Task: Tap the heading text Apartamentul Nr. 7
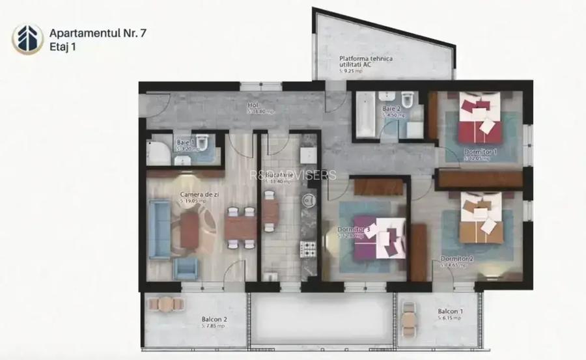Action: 98,32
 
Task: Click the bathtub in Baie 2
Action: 365,113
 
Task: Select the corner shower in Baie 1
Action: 156,152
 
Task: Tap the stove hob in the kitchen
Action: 308,248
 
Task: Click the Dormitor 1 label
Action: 481,152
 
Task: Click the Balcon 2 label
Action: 214,319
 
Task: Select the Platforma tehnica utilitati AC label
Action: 366,62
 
